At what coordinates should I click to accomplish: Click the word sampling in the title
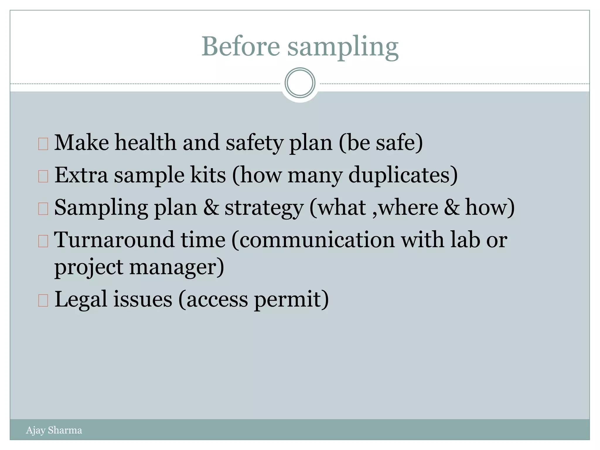[343, 47]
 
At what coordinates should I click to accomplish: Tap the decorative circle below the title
[300, 83]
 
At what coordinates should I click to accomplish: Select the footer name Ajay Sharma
[54, 430]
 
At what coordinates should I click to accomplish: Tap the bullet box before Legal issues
[43, 301]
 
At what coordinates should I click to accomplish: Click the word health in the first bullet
[145, 142]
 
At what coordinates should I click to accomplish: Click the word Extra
[81, 175]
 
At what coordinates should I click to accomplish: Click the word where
[409, 207]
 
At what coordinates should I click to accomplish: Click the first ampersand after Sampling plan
[211, 207]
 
